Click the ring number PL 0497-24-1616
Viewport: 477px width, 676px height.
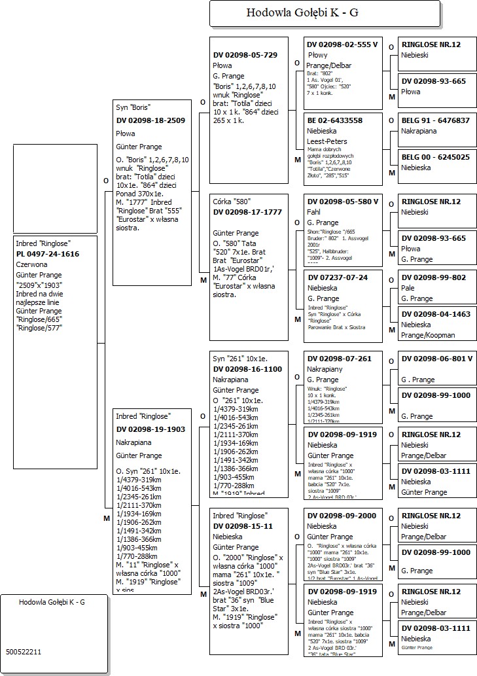48,254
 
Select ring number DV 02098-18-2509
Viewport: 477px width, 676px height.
150,120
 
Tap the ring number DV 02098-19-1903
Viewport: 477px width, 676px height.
150,429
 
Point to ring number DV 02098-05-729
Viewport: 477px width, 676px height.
245,55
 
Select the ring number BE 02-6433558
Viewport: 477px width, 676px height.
334,120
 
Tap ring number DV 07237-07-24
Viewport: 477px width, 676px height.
338,277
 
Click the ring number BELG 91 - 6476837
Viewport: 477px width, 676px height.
436,120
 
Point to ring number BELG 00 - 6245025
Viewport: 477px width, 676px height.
436,157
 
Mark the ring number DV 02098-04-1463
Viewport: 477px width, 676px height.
436,314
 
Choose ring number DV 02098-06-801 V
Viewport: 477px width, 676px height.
437,359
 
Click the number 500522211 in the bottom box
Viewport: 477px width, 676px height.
24,652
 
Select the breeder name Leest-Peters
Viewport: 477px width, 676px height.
327,141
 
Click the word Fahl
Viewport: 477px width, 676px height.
315,212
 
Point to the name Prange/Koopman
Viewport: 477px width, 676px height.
428,335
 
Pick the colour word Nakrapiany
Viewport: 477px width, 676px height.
325,369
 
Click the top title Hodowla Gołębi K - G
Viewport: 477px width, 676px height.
302,12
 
